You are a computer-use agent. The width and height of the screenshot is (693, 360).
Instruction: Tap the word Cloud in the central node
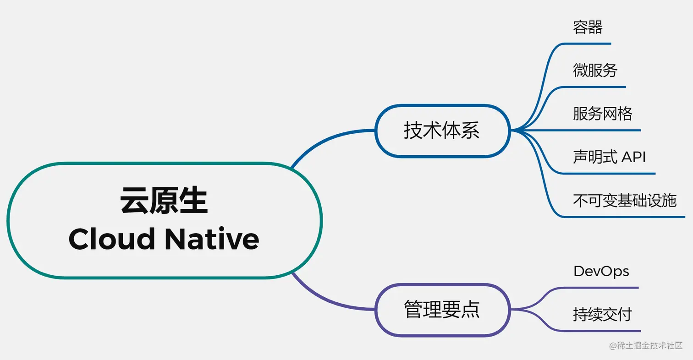click(111, 239)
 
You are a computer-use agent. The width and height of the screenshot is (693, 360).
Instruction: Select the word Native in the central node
click(211, 239)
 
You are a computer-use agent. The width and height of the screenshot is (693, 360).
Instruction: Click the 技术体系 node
click(442, 131)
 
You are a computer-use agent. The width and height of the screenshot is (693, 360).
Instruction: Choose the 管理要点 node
click(442, 309)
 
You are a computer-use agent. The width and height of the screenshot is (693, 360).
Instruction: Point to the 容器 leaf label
click(588, 27)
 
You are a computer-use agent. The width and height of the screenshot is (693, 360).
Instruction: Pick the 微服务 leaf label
click(595, 70)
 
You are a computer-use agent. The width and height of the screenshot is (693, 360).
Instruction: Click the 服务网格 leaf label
click(602, 113)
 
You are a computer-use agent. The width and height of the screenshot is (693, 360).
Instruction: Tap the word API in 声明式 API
click(633, 157)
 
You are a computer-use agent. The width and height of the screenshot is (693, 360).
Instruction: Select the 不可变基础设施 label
click(624, 200)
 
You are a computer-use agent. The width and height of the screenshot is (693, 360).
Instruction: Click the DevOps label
click(601, 271)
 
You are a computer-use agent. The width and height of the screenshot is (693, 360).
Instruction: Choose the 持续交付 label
click(602, 315)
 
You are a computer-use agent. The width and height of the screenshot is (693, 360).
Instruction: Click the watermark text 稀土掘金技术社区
click(650, 345)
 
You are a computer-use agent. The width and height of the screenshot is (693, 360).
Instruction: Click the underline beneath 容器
click(587, 44)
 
